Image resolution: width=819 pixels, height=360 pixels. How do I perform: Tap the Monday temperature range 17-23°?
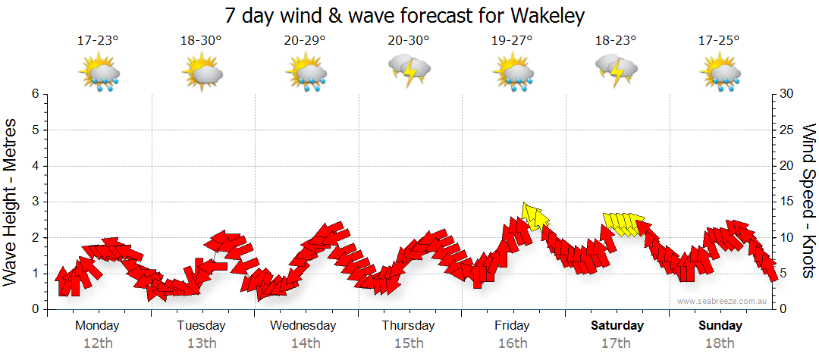(x=98, y=41)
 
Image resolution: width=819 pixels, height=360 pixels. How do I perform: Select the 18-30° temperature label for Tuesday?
(x=201, y=41)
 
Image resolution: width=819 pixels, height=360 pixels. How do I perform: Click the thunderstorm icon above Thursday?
(x=409, y=70)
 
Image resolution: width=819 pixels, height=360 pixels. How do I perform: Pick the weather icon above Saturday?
(x=616, y=70)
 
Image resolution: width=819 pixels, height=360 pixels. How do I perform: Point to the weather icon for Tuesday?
(x=202, y=73)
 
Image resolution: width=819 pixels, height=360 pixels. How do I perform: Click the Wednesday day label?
(x=303, y=326)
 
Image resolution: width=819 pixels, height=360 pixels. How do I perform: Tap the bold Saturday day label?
(x=617, y=326)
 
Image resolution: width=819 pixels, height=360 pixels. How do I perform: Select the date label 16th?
(x=513, y=343)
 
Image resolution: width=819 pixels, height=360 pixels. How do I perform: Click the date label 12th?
(x=98, y=343)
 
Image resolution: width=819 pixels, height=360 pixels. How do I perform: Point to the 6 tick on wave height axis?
(x=35, y=94)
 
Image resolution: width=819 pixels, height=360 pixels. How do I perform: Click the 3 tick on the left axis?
(x=35, y=202)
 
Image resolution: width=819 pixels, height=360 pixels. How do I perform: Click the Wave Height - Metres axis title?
(x=11, y=201)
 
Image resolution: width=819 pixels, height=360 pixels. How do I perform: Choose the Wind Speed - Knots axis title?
(x=808, y=201)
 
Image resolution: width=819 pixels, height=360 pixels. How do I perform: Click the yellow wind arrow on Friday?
(x=535, y=217)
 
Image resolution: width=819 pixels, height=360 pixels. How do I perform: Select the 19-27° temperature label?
(x=513, y=41)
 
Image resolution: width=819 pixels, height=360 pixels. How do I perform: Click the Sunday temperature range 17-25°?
(x=720, y=41)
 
